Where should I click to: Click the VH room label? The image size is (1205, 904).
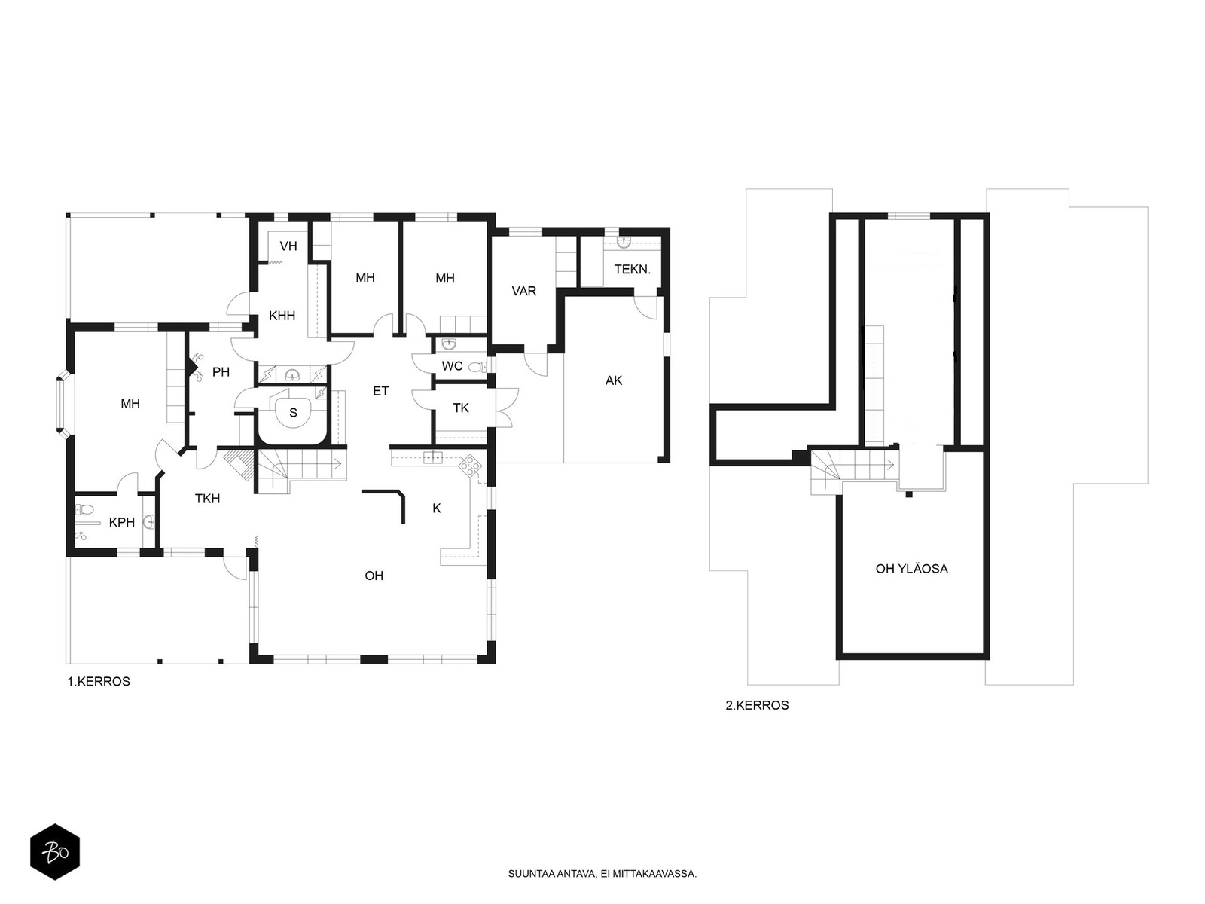[288, 246]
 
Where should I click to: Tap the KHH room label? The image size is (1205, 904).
[282, 316]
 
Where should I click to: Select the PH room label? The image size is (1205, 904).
[221, 372]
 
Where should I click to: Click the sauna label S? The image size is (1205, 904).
[293, 413]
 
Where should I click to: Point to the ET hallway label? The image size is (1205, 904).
[381, 391]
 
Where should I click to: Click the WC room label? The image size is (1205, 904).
[453, 366]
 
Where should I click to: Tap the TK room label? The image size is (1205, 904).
[461, 408]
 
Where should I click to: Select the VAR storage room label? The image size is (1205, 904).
[523, 291]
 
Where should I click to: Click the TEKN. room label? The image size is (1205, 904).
[633, 270]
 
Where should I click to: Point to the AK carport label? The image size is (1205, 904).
[614, 380]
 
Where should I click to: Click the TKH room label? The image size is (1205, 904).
[208, 499]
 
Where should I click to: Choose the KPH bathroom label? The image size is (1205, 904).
[122, 522]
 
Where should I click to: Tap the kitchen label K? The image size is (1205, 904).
[437, 508]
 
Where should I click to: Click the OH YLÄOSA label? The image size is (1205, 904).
[912, 569]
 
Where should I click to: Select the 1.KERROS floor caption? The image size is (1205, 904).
[99, 682]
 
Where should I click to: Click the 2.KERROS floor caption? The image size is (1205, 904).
[757, 705]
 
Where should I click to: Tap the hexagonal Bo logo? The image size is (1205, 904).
[55, 852]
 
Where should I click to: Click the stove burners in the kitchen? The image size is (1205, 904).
[470, 466]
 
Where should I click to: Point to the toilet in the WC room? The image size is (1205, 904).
[479, 367]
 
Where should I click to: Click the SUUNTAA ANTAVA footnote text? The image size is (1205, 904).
[602, 874]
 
